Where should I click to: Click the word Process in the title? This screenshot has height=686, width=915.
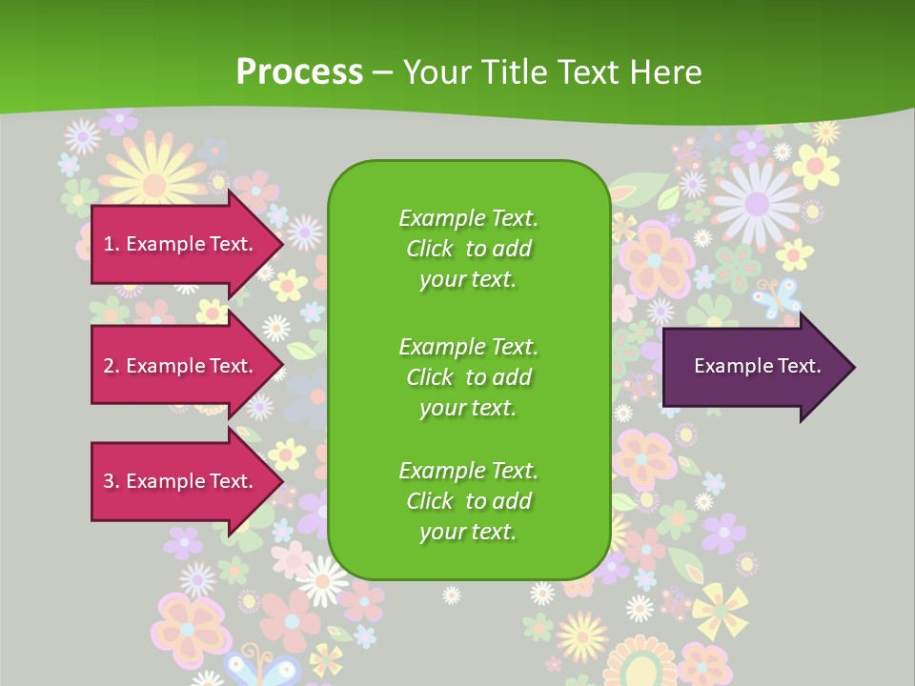coord(299,72)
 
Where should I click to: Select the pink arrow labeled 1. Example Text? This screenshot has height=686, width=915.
coord(181,244)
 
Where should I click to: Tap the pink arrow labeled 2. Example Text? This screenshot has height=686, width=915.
coord(181,366)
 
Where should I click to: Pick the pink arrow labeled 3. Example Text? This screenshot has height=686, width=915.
coord(181,481)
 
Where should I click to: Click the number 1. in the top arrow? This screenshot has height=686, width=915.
coord(111,244)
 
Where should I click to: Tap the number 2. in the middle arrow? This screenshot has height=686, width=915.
coord(111,366)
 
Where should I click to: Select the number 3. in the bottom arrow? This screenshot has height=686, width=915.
coord(111,481)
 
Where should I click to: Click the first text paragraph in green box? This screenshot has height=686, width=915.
coord(468,249)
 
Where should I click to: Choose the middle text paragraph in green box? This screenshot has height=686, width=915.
coord(468,377)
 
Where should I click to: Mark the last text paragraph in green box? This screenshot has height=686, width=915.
coord(468,501)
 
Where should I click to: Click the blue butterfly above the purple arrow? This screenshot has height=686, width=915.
coord(776,298)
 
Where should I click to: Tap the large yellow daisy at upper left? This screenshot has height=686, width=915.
coord(152,171)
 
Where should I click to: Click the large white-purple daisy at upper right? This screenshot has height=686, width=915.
coord(757,202)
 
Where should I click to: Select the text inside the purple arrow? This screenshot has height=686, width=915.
coord(757,366)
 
